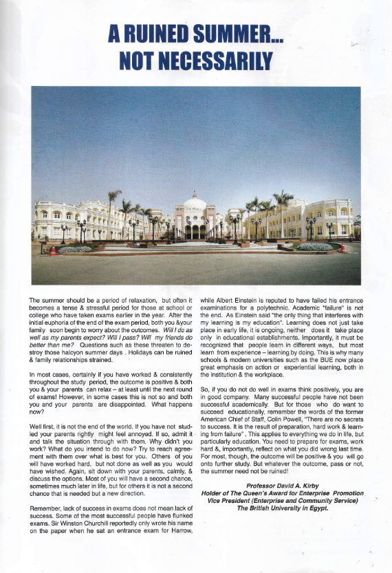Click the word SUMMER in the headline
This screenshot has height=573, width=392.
[227, 33]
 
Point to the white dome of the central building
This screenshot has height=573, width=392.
[195, 202]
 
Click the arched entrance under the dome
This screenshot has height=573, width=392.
[195, 231]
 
